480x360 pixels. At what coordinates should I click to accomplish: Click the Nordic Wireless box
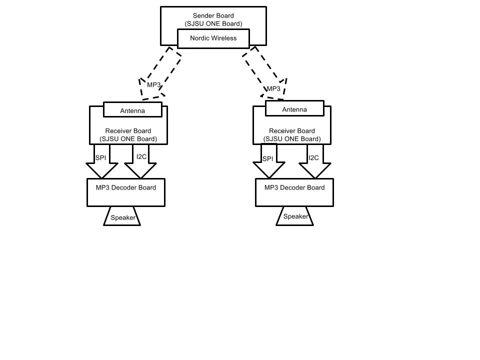[x=213, y=38]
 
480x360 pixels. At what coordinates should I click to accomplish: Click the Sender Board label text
[x=213, y=15]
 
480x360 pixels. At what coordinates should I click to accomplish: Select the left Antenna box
[x=132, y=109]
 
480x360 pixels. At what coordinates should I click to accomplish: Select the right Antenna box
[x=294, y=108]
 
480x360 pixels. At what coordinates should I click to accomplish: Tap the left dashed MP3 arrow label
[x=153, y=85]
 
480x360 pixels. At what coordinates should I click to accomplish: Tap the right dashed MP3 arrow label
[x=273, y=89]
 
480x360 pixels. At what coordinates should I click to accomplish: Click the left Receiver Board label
[x=128, y=131]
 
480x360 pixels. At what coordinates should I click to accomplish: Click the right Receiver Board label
[x=292, y=131]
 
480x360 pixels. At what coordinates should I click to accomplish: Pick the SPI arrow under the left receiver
[x=101, y=161]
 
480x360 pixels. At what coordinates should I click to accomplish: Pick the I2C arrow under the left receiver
[x=140, y=161]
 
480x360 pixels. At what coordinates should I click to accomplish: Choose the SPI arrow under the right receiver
[x=269, y=160]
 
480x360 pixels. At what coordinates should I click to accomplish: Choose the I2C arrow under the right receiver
[x=315, y=161]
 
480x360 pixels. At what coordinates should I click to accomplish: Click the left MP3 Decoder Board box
[x=126, y=192]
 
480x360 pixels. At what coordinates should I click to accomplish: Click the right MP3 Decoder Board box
[x=294, y=192]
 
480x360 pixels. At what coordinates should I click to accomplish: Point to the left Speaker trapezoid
[x=122, y=216]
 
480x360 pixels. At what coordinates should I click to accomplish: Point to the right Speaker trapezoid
[x=295, y=216]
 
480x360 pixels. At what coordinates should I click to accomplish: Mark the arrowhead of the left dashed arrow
[x=142, y=99]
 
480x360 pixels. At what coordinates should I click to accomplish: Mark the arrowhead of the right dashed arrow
[x=283, y=99]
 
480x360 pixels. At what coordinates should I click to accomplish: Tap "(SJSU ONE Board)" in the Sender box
[x=213, y=24]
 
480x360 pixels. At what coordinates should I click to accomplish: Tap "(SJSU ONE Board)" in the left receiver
[x=128, y=139]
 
